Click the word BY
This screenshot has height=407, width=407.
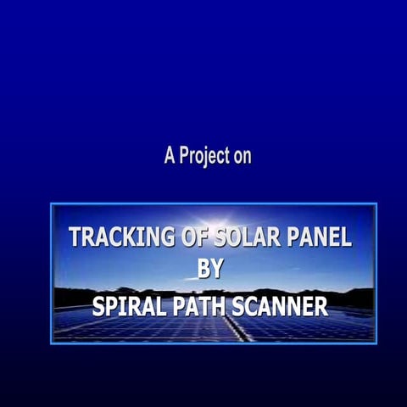pyautogui.click(x=210, y=270)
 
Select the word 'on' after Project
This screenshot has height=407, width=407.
pyautogui.click(x=242, y=157)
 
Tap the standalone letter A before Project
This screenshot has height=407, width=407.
pyautogui.click(x=170, y=156)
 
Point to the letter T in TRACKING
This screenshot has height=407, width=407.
pyautogui.click(x=75, y=237)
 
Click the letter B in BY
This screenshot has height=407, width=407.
pyautogui.click(x=203, y=270)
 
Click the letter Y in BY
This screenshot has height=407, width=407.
pyautogui.click(x=217, y=270)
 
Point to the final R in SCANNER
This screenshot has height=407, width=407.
pyautogui.click(x=321, y=305)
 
